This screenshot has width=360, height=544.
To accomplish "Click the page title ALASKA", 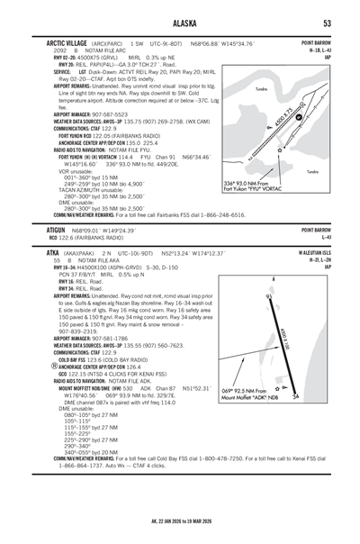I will pyautogui.click(x=180, y=23).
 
